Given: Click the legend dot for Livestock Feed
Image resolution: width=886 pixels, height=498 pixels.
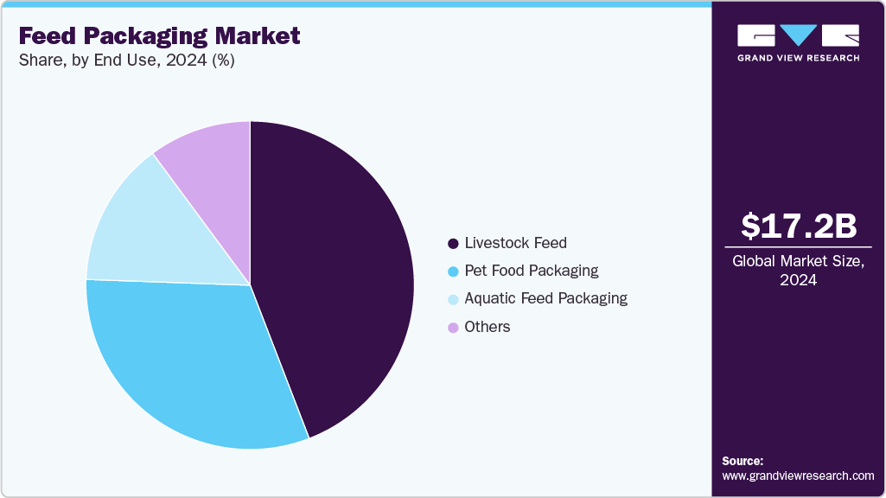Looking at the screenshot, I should [x=453, y=243].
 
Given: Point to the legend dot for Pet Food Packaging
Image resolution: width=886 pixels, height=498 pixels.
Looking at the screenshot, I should [x=453, y=271].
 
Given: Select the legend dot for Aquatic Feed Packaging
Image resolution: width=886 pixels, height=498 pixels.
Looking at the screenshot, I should [x=453, y=299].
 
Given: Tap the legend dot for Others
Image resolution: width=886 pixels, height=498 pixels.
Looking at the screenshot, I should [x=453, y=327].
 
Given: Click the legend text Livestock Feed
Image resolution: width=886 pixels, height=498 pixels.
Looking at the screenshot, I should [x=515, y=243].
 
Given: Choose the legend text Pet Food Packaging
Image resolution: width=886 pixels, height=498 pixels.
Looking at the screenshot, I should [x=531, y=271].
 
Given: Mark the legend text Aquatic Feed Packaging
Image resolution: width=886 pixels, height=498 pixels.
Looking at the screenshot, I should [x=545, y=298].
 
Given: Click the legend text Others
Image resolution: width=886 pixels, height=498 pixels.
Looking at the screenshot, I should [x=488, y=327].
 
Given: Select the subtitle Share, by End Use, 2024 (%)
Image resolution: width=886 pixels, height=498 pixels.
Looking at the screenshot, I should [x=126, y=61].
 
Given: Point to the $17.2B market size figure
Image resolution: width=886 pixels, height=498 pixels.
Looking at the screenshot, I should [x=798, y=226].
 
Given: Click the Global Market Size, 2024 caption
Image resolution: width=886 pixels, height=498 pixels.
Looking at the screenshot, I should [x=798, y=270].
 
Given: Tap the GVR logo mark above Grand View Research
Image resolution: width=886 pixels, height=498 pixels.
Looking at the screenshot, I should [x=798, y=35].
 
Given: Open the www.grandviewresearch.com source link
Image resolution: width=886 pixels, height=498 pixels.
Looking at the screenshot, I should [x=798, y=476].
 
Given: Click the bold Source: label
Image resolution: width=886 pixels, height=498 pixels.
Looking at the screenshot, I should [x=743, y=461].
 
